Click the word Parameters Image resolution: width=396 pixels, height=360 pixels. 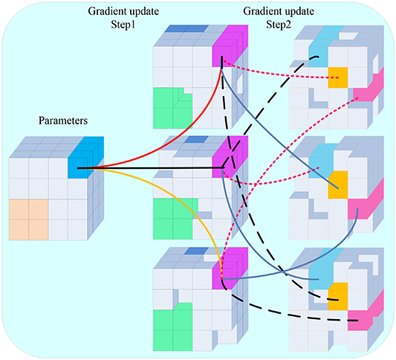(63, 120)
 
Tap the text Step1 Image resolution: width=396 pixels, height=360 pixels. (123, 25)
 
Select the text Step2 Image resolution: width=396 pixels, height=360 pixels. (279, 25)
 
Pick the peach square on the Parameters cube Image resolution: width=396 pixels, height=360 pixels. (28, 219)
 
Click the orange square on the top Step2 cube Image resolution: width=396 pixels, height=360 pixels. (338, 77)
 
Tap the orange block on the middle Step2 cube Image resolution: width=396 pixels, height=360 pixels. (338, 185)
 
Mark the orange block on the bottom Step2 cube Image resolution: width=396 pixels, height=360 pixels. (338, 297)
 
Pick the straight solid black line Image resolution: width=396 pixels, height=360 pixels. (150, 168)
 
